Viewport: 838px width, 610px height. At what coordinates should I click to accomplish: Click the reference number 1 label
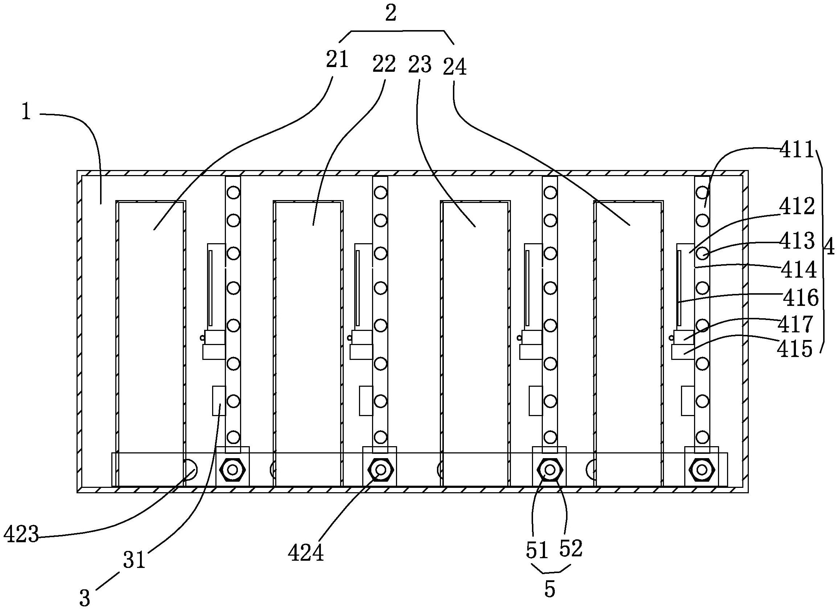pyautogui.click(x=26, y=112)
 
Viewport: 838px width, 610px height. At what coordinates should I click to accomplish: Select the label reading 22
pyautogui.click(x=384, y=63)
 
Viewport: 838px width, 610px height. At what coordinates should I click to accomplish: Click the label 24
pyautogui.click(x=454, y=67)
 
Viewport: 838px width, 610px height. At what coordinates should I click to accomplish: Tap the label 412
pyautogui.click(x=797, y=207)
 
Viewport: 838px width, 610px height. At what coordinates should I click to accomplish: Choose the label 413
pyautogui.click(x=797, y=241)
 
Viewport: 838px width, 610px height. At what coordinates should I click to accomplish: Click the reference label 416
pyautogui.click(x=800, y=298)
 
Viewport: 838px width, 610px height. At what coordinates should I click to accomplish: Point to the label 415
pyautogui.click(x=795, y=349)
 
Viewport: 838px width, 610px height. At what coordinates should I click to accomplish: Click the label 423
pyautogui.click(x=21, y=534)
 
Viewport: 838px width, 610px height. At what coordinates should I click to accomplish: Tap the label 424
pyautogui.click(x=306, y=553)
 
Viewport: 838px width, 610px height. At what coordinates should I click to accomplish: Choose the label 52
pyautogui.click(x=571, y=548)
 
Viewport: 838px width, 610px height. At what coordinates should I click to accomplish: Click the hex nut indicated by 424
pyautogui.click(x=380, y=470)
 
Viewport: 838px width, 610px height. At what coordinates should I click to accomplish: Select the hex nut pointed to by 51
pyautogui.click(x=550, y=470)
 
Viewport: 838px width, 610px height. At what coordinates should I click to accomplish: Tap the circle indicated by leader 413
pyautogui.click(x=702, y=254)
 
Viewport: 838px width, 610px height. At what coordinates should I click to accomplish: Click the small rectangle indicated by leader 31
pyautogui.click(x=219, y=401)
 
